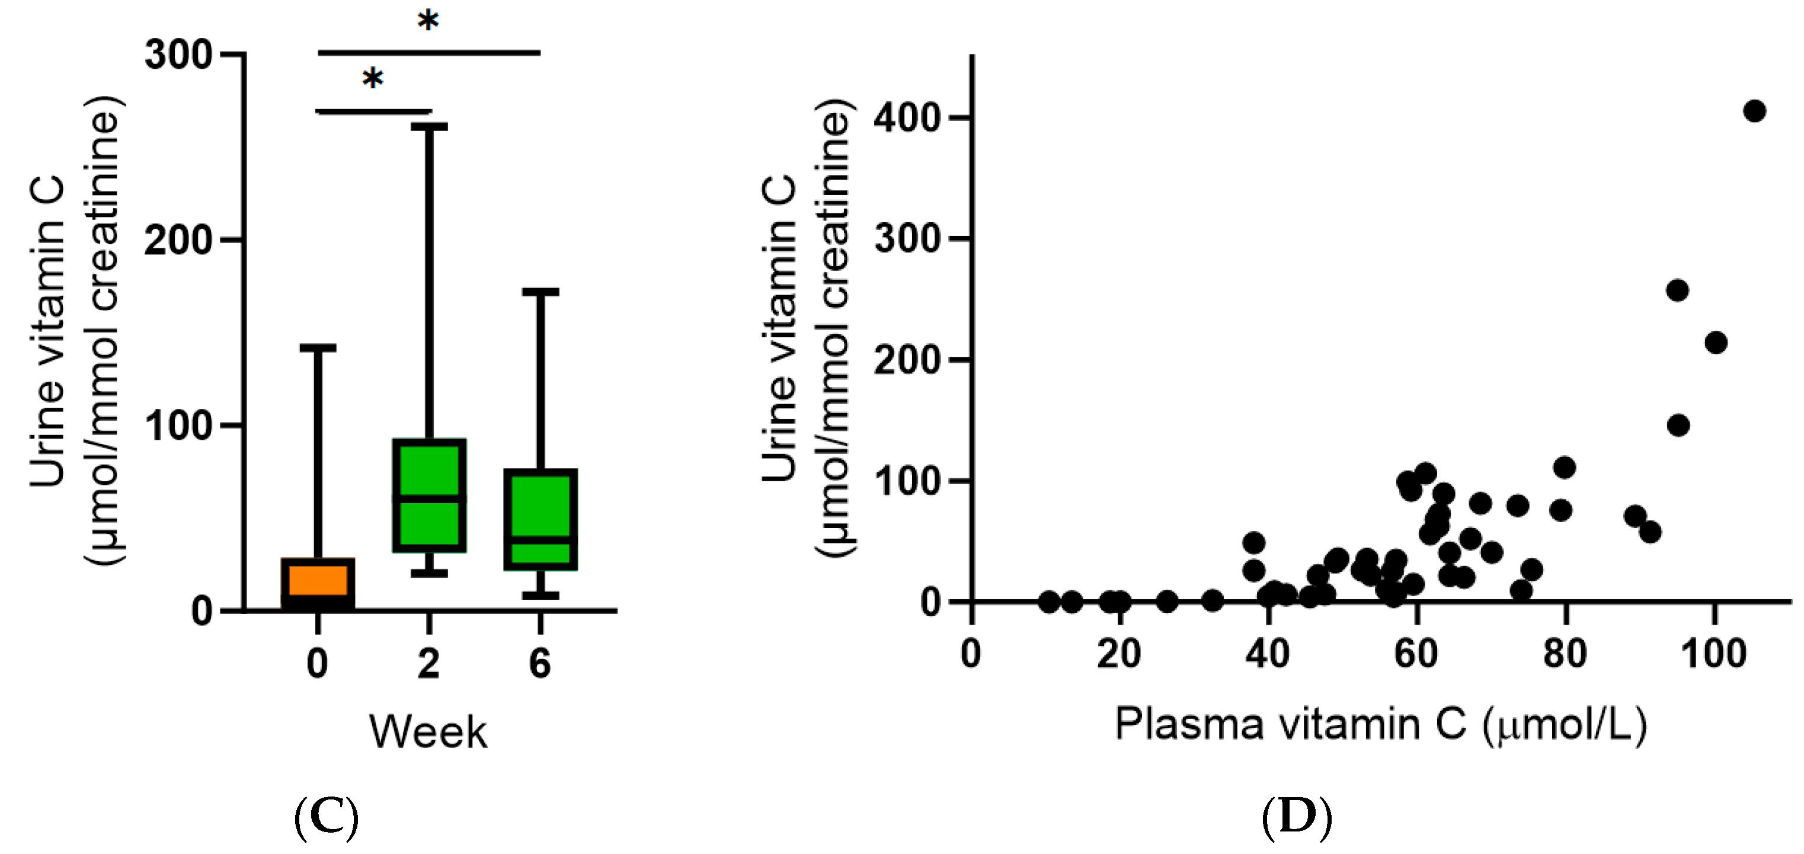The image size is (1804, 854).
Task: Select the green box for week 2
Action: pyautogui.click(x=429, y=495)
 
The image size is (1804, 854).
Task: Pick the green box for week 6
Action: pyautogui.click(x=540, y=519)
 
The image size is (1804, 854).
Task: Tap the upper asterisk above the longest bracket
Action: pyautogui.click(x=428, y=21)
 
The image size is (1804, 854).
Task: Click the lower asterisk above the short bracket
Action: pyautogui.click(x=373, y=78)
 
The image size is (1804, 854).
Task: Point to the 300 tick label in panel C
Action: pyautogui.click(x=178, y=55)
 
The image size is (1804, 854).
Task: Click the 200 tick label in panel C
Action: pyautogui.click(x=178, y=240)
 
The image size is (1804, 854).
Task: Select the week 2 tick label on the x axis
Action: pyautogui.click(x=428, y=663)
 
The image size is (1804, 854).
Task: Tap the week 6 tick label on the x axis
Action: pyautogui.click(x=540, y=663)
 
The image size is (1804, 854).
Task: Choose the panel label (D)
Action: pyautogui.click(x=1296, y=816)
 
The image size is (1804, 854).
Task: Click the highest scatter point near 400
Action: pyautogui.click(x=1754, y=111)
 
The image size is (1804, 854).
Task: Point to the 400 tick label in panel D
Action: pyautogui.click(x=907, y=118)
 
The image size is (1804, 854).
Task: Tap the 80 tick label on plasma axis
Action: pyautogui.click(x=1565, y=654)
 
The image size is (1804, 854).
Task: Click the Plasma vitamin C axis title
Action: pyautogui.click(x=1380, y=724)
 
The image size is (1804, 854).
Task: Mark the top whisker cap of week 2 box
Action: pyautogui.click(x=429, y=127)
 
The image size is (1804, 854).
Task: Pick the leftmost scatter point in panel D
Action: pyautogui.click(x=1048, y=601)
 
